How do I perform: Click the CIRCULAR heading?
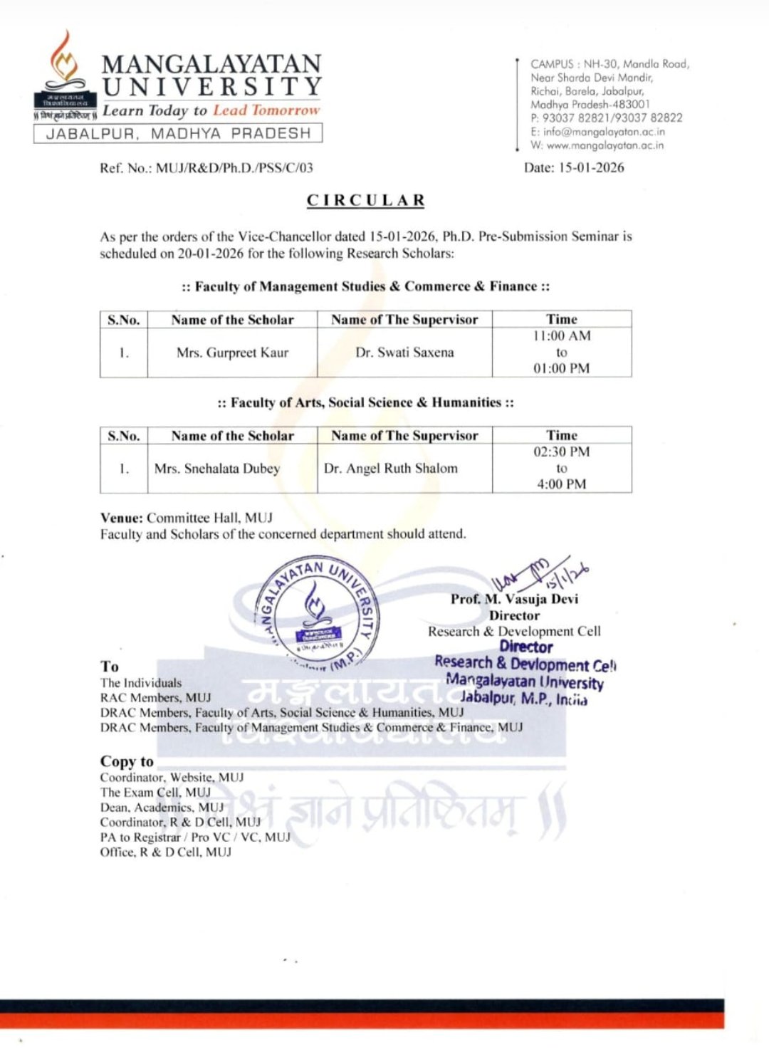tap(366, 201)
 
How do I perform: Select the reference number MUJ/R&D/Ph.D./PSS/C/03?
tap(234, 168)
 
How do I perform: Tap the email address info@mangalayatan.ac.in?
tap(604, 132)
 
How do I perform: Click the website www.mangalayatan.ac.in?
tap(605, 145)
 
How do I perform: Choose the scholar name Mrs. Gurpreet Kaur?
tap(232, 353)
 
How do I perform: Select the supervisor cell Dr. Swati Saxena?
tap(404, 353)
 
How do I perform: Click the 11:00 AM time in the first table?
tap(562, 336)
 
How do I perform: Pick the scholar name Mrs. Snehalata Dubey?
tap(217, 469)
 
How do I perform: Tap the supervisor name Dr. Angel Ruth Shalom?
tap(391, 469)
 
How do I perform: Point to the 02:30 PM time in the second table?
tap(562, 452)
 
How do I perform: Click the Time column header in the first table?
tap(562, 320)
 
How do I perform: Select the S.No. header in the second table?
tap(124, 436)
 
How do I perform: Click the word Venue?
tap(121, 518)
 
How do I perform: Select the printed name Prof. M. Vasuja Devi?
tap(514, 600)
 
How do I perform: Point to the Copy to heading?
tap(127, 761)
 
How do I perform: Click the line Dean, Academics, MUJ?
tap(162, 808)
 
